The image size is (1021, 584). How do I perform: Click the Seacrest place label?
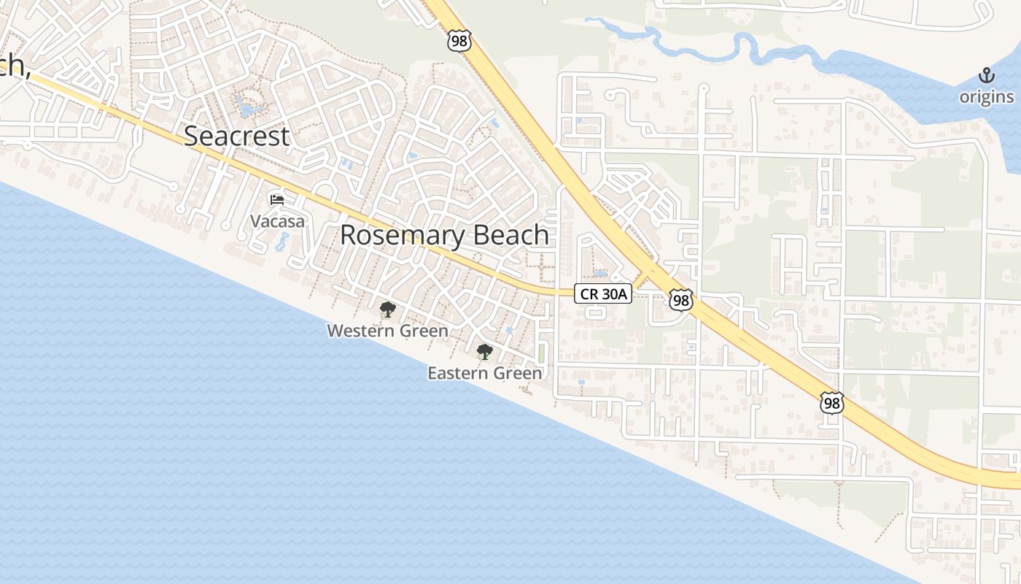tap(236, 137)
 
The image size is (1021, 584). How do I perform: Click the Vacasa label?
tap(277, 221)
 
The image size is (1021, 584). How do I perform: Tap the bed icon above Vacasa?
tap(277, 199)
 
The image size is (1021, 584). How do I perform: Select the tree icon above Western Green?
tap(387, 310)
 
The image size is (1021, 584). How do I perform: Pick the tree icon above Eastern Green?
tap(484, 352)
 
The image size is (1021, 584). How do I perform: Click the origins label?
tap(986, 97)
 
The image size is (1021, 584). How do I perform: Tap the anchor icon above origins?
tap(986, 75)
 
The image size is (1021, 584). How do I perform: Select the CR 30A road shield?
tap(602, 293)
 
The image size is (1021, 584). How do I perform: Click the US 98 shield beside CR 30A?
tap(680, 299)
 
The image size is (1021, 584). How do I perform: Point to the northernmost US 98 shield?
tap(459, 41)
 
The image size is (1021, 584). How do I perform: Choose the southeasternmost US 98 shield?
tap(831, 402)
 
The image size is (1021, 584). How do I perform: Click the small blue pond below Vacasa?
tap(281, 242)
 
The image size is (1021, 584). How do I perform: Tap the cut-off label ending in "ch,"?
tap(15, 67)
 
